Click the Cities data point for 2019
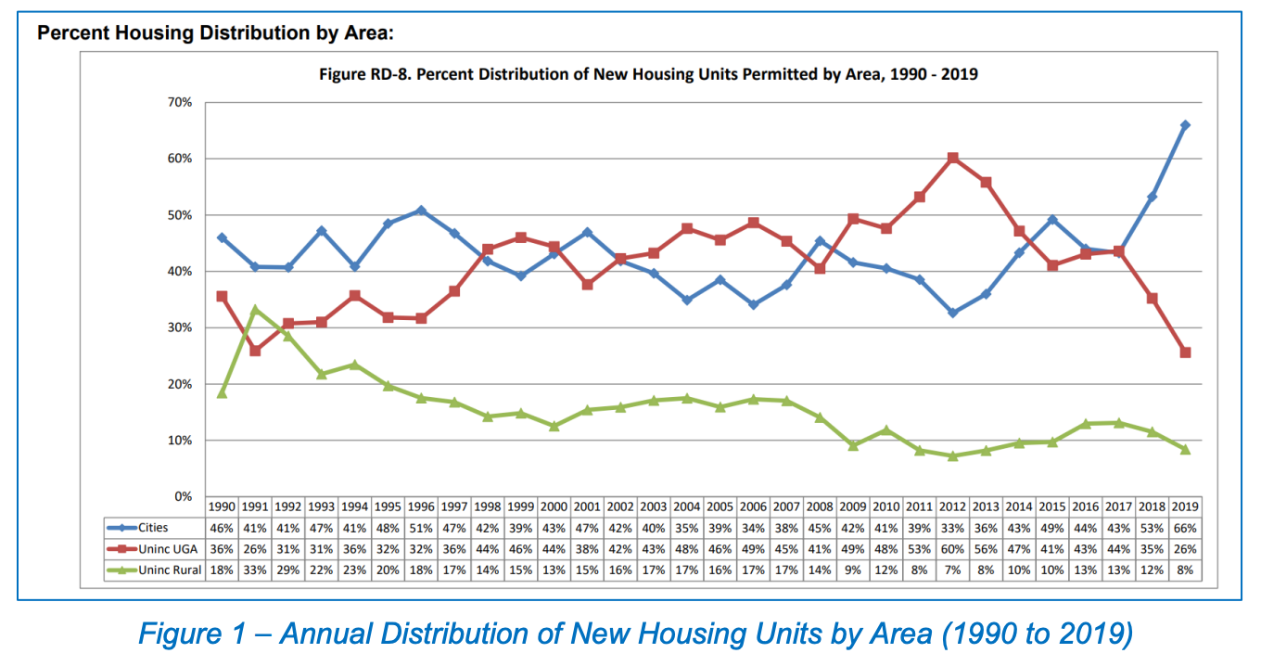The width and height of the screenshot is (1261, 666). pos(1185,125)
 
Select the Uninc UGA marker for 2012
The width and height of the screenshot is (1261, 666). pos(952,158)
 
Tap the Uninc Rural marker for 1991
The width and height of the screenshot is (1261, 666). pos(255,310)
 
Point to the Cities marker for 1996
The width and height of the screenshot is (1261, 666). pos(421,211)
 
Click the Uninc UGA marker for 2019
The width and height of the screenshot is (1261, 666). pos(1185,352)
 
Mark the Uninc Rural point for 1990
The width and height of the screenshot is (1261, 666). pos(222,393)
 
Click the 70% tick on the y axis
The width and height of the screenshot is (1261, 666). pos(180,102)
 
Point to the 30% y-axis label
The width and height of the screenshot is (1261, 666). pos(180,327)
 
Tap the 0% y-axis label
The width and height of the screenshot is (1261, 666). pos(184,496)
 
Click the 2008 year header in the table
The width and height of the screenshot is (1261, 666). pos(819,507)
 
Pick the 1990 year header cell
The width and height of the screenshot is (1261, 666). pos(222,507)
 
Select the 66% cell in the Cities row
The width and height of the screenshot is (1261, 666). pos(1185,528)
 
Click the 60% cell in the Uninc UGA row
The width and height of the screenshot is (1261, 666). pos(952,549)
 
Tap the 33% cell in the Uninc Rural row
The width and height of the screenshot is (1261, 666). pos(255,570)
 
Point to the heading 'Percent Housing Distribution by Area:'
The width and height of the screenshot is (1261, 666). pos(215,33)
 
